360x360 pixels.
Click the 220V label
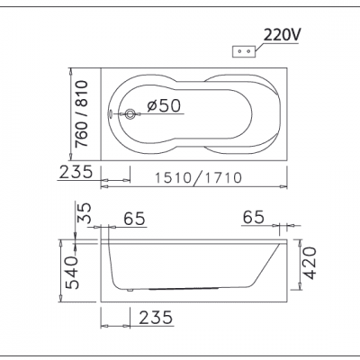[281, 36]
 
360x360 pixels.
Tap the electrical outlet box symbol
[244, 51]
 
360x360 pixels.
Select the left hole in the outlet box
[239, 51]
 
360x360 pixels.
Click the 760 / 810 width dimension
[82, 113]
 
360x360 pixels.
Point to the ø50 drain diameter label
[164, 105]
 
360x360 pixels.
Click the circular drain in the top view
[130, 114]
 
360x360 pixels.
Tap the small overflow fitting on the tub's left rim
[110, 114]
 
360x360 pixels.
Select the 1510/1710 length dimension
[198, 177]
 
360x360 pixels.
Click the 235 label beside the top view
[76, 172]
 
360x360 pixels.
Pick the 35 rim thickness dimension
[85, 212]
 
